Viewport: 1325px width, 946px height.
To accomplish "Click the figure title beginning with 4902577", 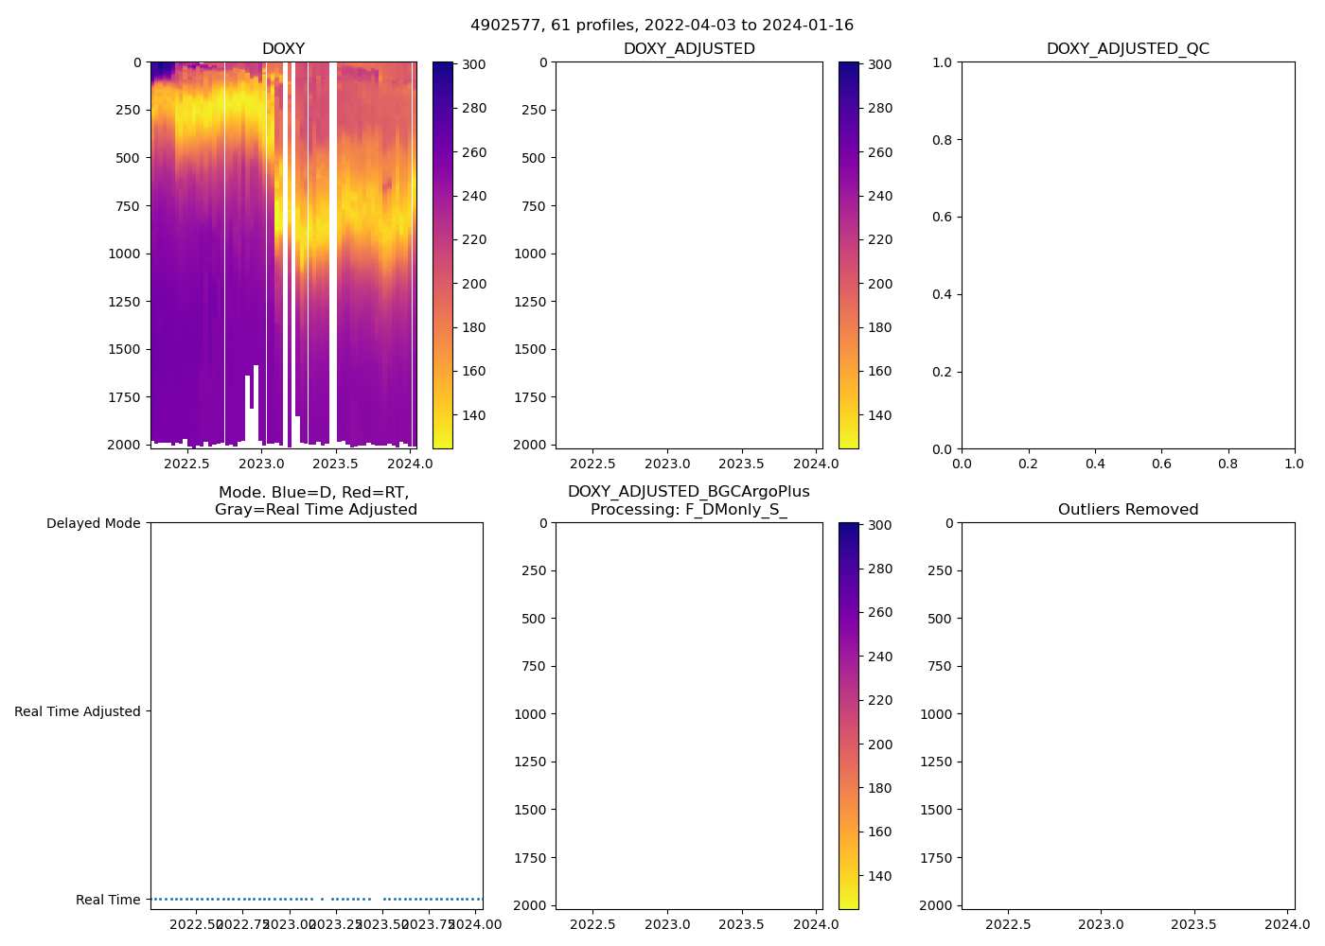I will click(662, 26).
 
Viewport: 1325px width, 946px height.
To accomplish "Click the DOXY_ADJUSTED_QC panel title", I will click(1127, 49).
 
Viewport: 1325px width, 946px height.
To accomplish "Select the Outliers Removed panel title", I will click(1127, 510).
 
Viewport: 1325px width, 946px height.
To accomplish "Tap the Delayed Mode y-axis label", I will click(93, 523).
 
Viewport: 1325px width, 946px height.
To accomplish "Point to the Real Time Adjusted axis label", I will click(78, 711).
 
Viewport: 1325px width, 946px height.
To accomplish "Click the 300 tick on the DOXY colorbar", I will click(474, 64).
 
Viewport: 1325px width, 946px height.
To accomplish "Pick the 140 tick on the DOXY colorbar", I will click(474, 415).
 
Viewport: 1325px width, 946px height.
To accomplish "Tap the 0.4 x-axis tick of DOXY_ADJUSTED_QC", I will click(1095, 464).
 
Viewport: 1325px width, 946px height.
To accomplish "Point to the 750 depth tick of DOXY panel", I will click(128, 206).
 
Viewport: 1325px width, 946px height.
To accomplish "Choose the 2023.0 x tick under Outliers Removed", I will click(1101, 924).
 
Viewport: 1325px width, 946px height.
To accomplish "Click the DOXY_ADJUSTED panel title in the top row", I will click(689, 49).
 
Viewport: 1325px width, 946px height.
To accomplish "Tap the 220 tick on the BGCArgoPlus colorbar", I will click(880, 700).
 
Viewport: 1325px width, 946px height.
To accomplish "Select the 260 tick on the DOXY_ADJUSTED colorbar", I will click(880, 152).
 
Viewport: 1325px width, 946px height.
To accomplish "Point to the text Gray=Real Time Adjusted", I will click(316, 510).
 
